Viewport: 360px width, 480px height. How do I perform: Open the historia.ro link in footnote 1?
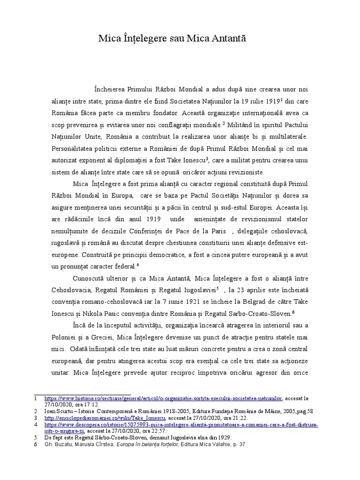pyautogui.click(x=163, y=398)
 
